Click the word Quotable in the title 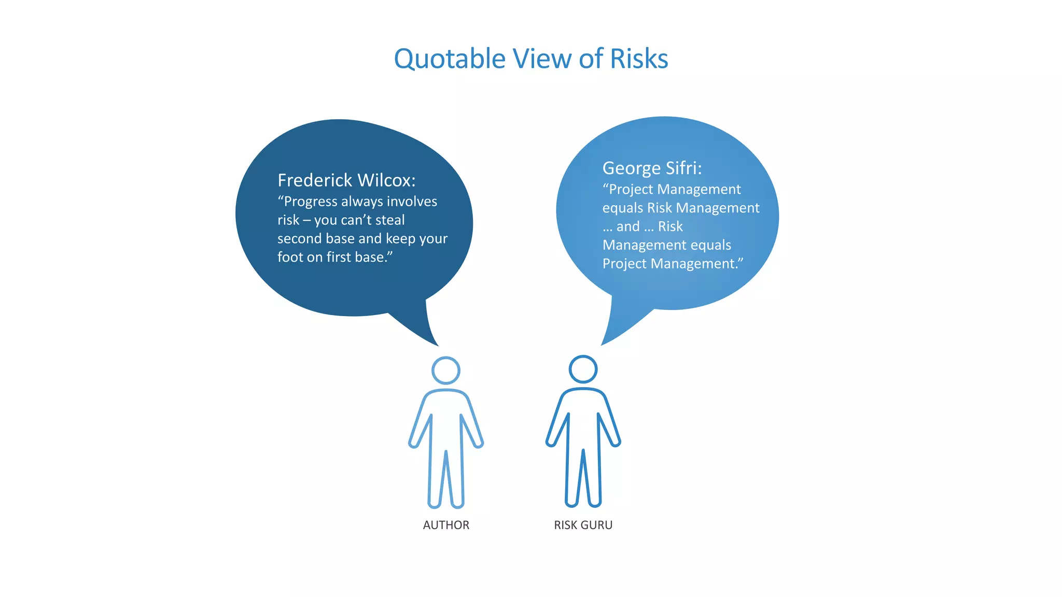[450, 59]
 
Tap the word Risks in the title [639, 59]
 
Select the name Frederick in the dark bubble [315, 180]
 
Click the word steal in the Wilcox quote [390, 220]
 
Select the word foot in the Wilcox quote [289, 257]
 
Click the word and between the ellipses [627, 227]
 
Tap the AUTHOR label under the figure [446, 525]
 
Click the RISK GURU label [583, 525]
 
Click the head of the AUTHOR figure [446, 370]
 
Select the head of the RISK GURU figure [583, 369]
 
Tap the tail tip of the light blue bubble [603, 344]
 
